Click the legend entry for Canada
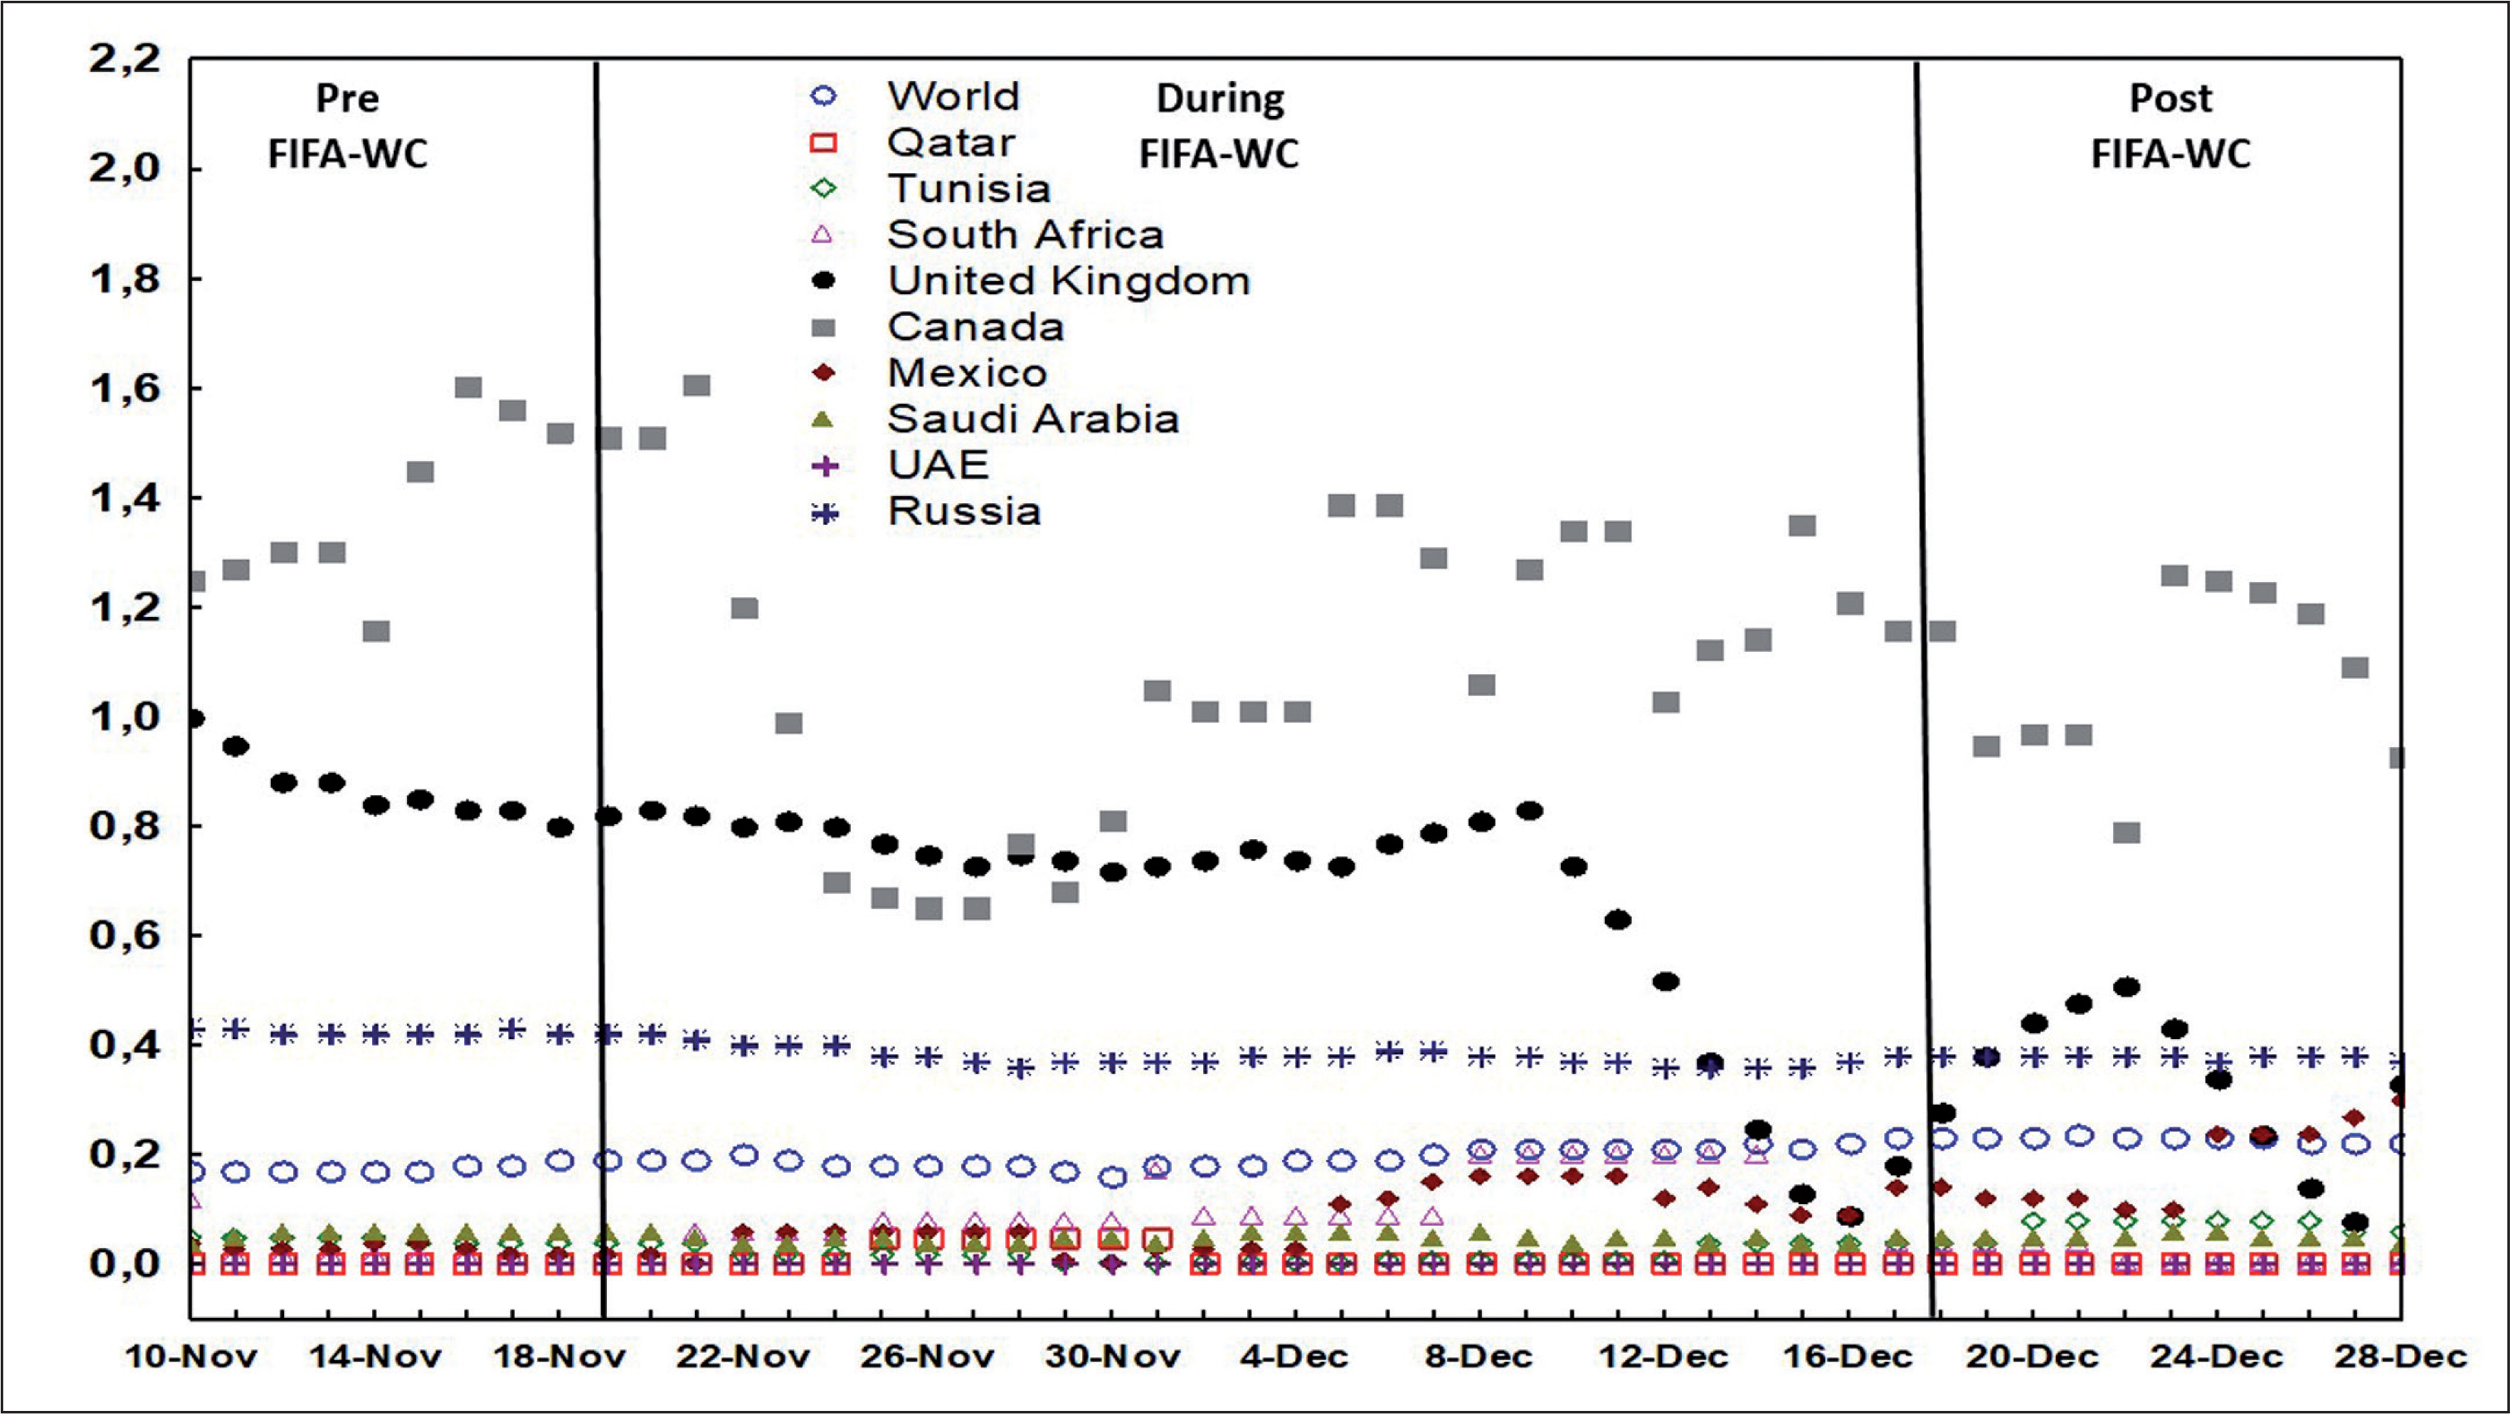click(x=975, y=327)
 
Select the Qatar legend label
click(x=950, y=143)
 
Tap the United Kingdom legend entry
click(x=1068, y=280)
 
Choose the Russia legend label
click(x=963, y=511)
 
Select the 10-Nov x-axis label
click(x=191, y=1356)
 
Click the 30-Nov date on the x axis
click(x=1112, y=1356)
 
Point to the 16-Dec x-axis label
click(x=1848, y=1356)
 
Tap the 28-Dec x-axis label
click(x=2400, y=1356)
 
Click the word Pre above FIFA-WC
click(x=347, y=98)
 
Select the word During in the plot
click(x=1220, y=98)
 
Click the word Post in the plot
click(x=2170, y=98)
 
